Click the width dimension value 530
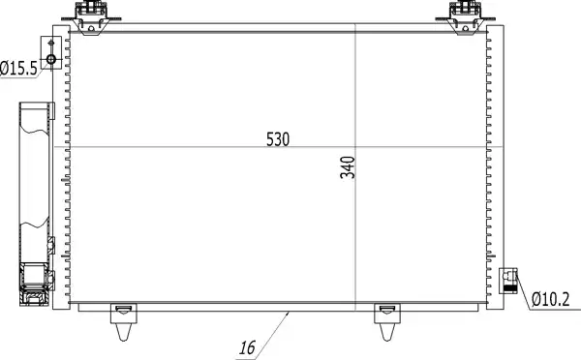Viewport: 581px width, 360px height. tap(278, 139)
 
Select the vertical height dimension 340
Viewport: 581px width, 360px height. tap(348, 167)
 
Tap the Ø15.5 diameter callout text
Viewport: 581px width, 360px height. tap(18, 69)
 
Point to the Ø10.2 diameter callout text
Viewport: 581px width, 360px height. tap(550, 299)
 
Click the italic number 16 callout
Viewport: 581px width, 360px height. tap(247, 348)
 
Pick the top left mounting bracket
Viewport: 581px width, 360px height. tap(91, 17)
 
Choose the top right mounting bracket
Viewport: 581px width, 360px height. tap(466, 17)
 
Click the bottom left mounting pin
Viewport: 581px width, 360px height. tap(123, 321)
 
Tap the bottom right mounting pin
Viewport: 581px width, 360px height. tap(387, 321)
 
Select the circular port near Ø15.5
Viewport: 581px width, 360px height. tap(51, 59)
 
